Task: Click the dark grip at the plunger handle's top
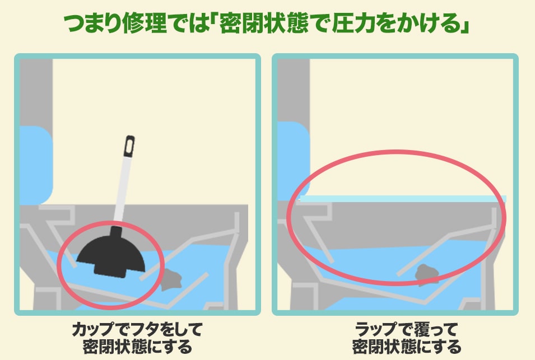pos(129,146)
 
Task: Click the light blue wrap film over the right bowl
pos(403,199)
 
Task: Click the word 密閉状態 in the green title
pos(263,24)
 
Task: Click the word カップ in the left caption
pos(92,329)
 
